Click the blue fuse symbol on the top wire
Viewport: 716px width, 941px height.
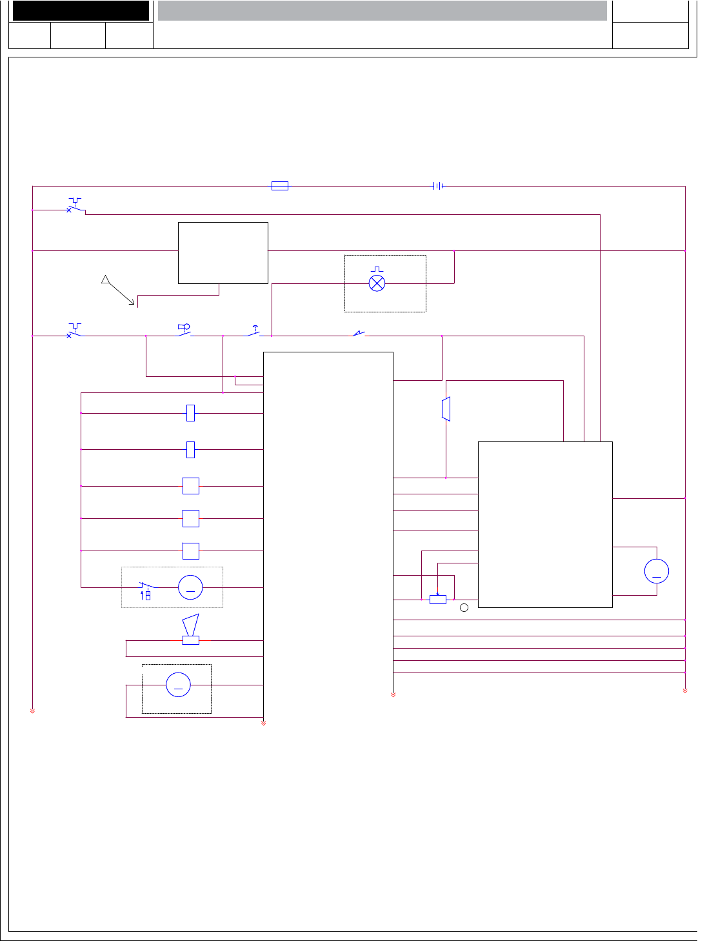click(279, 186)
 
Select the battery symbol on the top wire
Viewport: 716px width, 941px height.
click(438, 186)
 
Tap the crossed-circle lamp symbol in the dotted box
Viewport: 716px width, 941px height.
click(377, 283)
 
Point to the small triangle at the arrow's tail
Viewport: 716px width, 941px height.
click(106, 279)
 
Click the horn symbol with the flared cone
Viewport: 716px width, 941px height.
click(191, 629)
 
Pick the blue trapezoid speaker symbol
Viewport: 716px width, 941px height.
click(446, 409)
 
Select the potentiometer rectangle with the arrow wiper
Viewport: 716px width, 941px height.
click(437, 600)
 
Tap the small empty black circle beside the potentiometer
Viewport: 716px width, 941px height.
click(464, 607)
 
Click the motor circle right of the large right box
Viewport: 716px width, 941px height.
click(657, 571)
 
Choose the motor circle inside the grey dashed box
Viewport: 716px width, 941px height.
click(190, 587)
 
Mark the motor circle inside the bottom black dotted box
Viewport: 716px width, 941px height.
click(179, 685)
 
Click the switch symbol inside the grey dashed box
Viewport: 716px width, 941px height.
click(146, 589)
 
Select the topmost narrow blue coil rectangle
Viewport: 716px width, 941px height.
click(190, 413)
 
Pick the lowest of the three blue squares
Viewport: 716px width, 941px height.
click(191, 551)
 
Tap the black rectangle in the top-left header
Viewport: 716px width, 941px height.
click(81, 11)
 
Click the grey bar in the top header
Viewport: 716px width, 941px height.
click(382, 11)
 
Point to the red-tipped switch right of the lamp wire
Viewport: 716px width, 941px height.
click(358, 334)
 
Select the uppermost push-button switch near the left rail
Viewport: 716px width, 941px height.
click(75, 207)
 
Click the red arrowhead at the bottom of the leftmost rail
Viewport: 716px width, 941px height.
click(32, 710)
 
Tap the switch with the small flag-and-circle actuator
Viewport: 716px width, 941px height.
click(184, 330)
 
